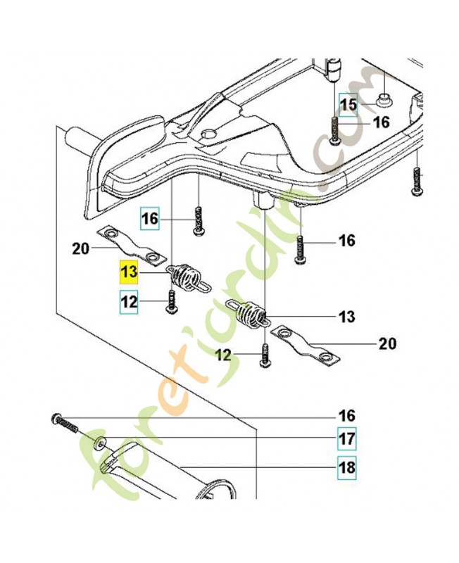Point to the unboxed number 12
coord(224,356)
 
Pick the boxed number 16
coord(149,219)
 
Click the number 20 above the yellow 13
coord(82,247)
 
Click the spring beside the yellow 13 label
coord(187,276)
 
